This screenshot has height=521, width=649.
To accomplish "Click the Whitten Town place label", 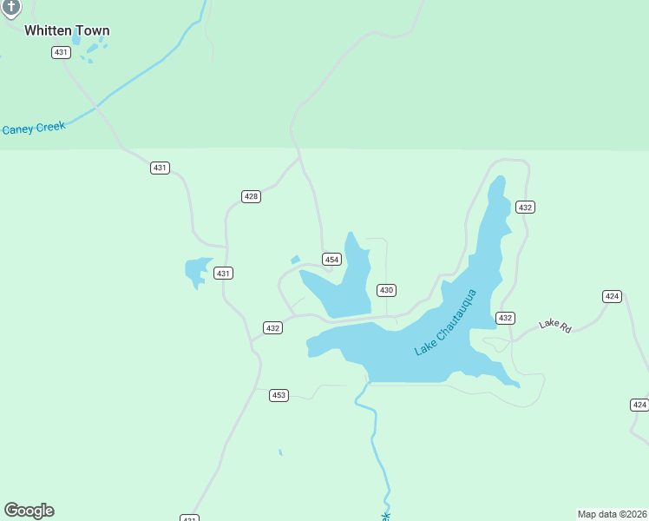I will point(67,30).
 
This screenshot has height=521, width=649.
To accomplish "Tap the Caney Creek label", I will point(34,129).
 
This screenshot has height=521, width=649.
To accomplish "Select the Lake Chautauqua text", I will point(446,322).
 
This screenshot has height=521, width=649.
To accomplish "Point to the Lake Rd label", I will point(555,325).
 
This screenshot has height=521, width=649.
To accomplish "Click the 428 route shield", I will point(251,196).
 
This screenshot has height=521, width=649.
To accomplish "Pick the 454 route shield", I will point(331,260).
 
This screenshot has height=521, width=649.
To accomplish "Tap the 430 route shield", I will point(386,290).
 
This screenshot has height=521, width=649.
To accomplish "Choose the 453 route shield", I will point(279,395).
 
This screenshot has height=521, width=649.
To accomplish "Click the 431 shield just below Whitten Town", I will point(61,52).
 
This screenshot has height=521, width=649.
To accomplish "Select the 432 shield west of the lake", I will point(273,327).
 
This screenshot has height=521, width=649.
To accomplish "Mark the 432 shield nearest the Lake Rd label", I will point(505,318).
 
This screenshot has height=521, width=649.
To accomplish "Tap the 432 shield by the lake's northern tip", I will point(525,207).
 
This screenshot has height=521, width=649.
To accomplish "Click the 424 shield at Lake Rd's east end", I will point(613,296).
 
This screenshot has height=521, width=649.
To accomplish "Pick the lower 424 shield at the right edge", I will point(639,405).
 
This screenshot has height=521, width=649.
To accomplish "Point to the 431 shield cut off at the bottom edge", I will point(190,518).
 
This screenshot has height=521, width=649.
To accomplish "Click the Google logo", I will point(29,511).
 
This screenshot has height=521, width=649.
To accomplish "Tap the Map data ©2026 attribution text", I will point(612,513).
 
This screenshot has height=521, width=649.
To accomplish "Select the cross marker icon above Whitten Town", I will point(10,7).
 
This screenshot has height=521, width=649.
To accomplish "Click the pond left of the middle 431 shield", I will point(196,270).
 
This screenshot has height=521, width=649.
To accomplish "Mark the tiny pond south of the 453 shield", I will point(280,452).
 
